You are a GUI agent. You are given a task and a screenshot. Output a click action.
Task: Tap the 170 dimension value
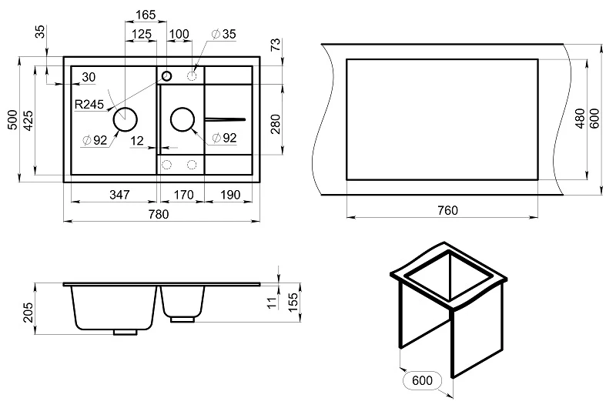[182, 194]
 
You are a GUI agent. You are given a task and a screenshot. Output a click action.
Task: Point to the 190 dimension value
[229, 194]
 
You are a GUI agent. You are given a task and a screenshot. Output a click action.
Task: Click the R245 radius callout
[90, 103]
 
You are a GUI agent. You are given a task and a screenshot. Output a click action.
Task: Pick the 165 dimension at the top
[146, 15]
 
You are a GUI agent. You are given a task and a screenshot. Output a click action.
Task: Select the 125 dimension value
[141, 34]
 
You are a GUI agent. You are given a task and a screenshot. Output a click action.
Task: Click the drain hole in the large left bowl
[126, 119]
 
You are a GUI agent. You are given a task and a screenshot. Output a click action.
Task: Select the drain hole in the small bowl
[182, 119]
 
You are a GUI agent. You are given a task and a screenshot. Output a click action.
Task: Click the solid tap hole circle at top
[166, 75]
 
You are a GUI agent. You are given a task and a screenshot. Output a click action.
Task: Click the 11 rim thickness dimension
[269, 303]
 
